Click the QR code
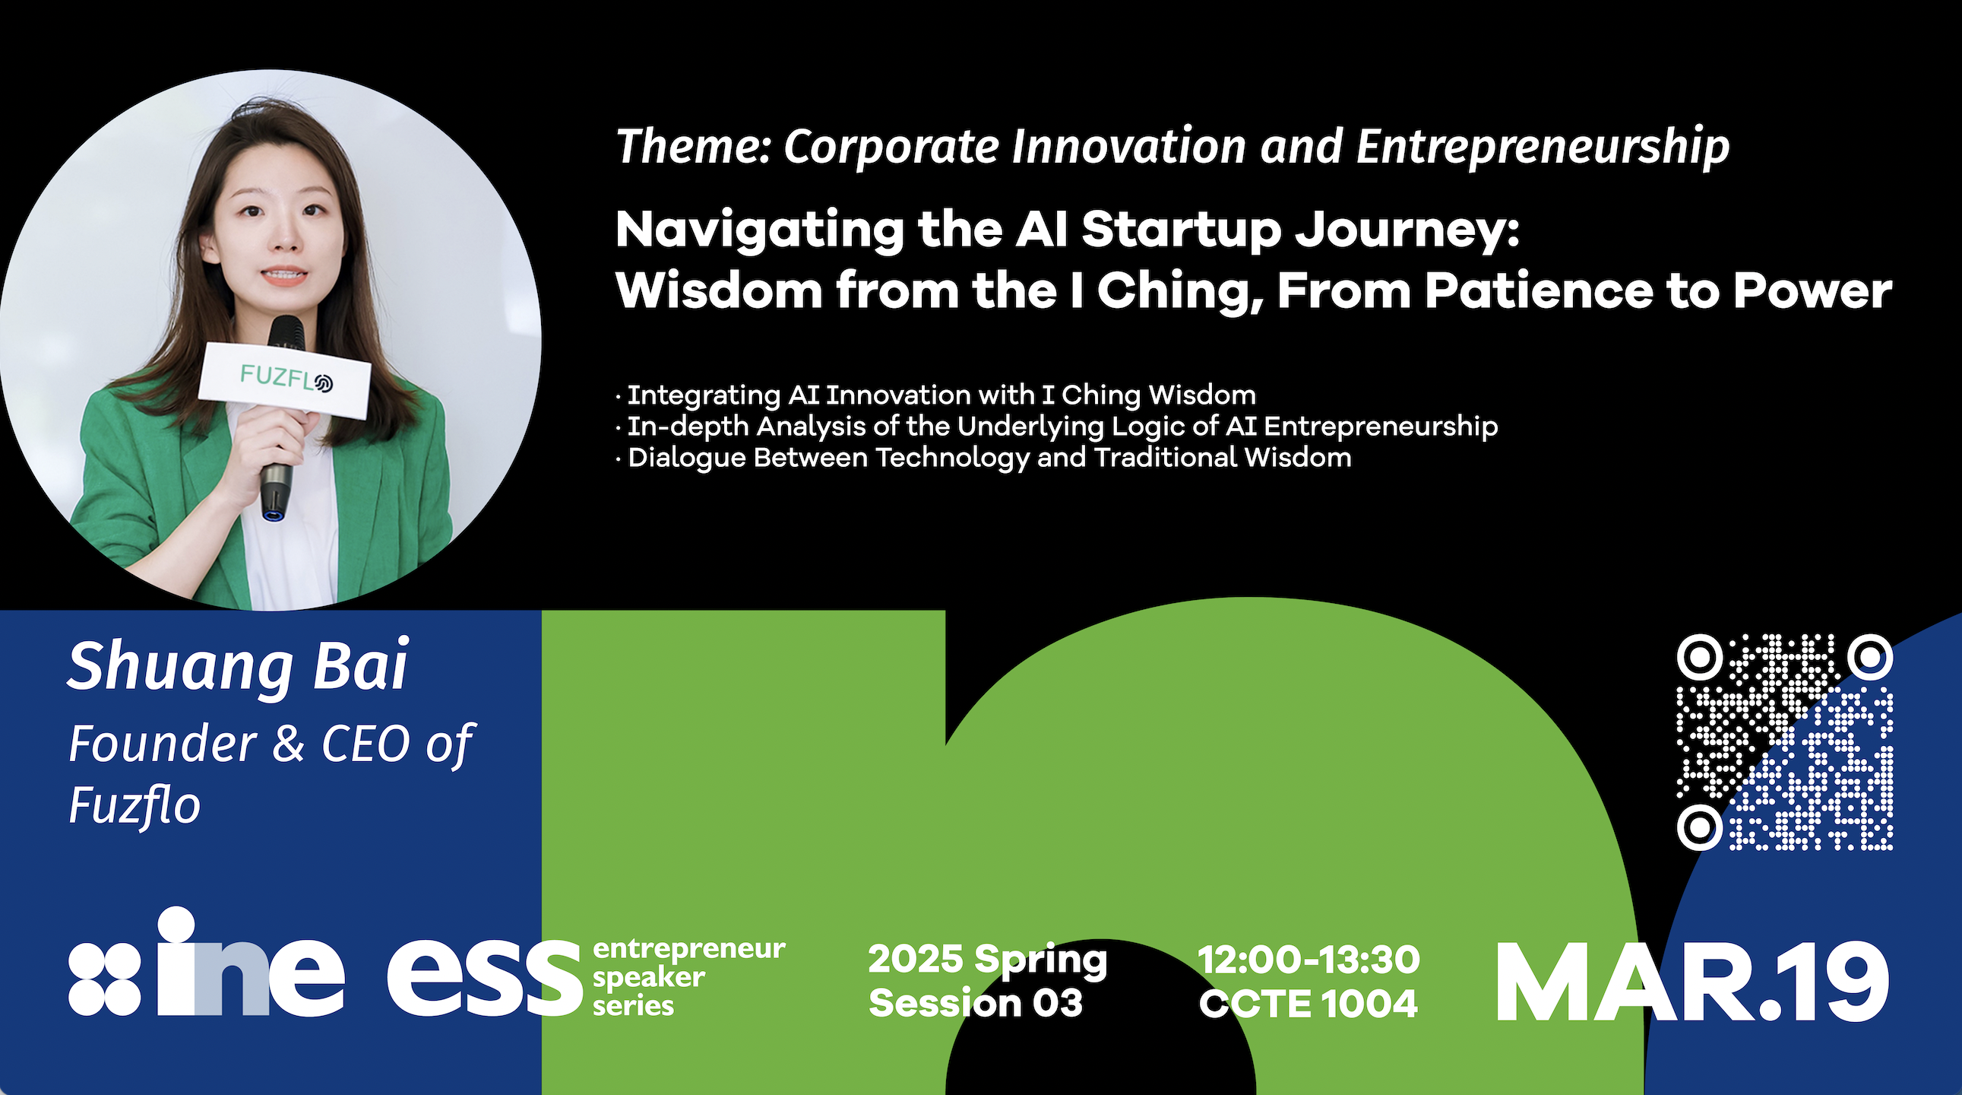tap(1784, 741)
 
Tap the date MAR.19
tap(1692, 983)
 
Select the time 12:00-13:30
tap(1309, 960)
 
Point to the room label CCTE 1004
tap(1309, 1003)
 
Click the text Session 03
tap(976, 1003)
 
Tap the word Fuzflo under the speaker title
tap(134, 805)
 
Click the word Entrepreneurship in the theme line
tap(1543, 148)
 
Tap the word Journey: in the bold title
tap(1407, 231)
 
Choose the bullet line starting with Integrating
tap(936, 395)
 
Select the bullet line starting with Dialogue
tap(983, 458)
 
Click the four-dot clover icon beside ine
tap(104, 979)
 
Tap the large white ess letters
tap(484, 979)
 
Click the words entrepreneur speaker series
tap(688, 978)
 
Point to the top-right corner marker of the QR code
tap(1870, 656)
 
